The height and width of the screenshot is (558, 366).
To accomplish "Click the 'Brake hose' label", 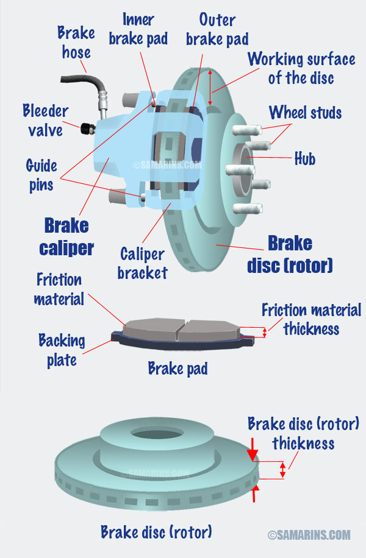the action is [x=76, y=43].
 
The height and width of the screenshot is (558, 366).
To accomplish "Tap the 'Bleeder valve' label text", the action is [x=45, y=120].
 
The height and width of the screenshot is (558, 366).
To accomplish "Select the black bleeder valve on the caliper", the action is [x=87, y=129].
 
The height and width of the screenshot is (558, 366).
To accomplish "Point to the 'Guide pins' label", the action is [x=41, y=175].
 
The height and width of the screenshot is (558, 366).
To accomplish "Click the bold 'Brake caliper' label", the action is [x=66, y=236].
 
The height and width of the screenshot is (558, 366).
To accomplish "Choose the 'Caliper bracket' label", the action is [x=143, y=263].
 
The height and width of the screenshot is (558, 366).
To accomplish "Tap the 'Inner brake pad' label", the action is [x=138, y=29].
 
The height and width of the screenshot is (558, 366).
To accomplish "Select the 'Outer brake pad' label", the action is [x=217, y=29].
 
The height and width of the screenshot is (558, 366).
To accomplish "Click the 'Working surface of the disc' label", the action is [x=301, y=68].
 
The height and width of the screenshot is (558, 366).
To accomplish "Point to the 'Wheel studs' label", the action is [x=306, y=113].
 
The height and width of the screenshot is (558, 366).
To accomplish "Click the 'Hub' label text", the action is [x=305, y=158].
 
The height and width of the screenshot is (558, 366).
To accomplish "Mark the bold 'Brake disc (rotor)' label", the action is [x=290, y=254].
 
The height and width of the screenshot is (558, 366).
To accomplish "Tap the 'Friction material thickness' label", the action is [x=312, y=319].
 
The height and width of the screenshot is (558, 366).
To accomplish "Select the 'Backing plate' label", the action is [x=62, y=350].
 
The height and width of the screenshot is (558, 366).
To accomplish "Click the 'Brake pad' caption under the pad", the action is [x=178, y=369].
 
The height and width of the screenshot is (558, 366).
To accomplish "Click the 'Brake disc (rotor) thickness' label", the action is [x=303, y=434].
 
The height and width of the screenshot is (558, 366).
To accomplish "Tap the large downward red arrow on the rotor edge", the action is [x=253, y=450].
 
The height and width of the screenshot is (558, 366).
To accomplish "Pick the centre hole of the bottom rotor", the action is [x=157, y=434].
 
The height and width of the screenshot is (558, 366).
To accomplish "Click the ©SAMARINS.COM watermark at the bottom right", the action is [x=309, y=535].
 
